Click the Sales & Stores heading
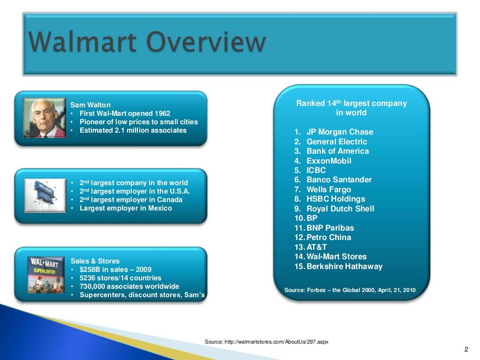tap(95, 261)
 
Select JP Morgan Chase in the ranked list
tap(339, 132)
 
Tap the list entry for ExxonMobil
tap(329, 161)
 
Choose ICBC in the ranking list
tap(316, 170)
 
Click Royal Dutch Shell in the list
tap(340, 209)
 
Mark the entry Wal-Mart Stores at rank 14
tap(336, 256)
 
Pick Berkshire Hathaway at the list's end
tap(344, 266)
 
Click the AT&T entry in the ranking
tap(316, 247)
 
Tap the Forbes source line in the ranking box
tap(350, 290)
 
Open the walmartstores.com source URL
tap(266, 342)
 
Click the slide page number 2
tap(466, 349)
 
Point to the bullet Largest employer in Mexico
tap(125, 208)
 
